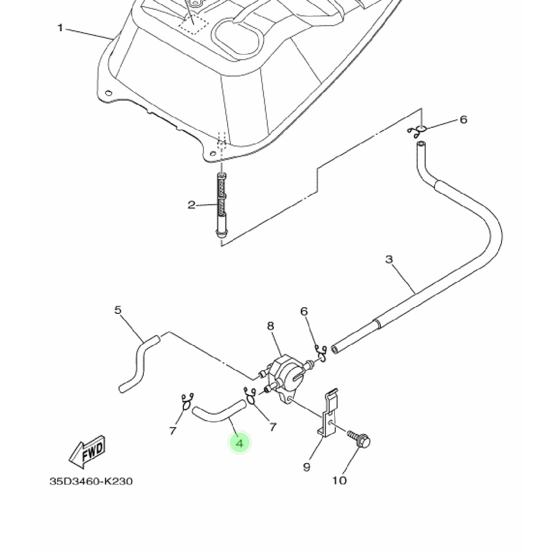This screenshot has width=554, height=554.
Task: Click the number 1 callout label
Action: pos(61,28)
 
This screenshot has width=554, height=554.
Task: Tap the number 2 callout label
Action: pos(192,205)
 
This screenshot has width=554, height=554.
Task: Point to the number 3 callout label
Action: pos(389,260)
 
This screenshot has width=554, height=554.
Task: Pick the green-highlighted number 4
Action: pos(240,443)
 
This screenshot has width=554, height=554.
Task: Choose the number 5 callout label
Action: pos(118,310)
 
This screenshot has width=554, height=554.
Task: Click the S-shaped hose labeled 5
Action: pos(138,362)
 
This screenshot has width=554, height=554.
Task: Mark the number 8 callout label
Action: pos(271,326)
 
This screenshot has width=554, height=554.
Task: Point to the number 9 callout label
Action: pos(306,467)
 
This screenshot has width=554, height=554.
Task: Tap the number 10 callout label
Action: pos(339,480)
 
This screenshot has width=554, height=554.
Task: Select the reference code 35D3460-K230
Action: pos(91,481)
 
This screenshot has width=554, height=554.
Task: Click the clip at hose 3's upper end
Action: pos(417,130)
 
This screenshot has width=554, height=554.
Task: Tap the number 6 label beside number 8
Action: pos(304,311)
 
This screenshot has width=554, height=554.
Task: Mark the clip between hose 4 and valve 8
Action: pos(250,395)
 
